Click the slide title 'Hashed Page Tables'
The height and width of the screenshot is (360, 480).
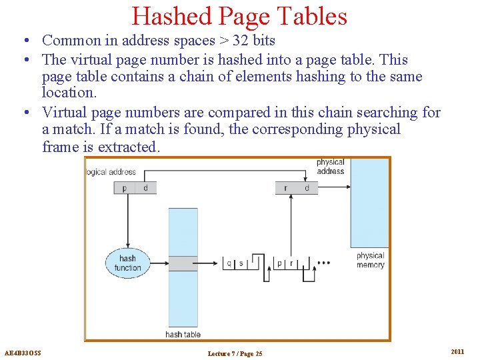pos(239,16)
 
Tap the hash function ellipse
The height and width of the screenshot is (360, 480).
pos(127,263)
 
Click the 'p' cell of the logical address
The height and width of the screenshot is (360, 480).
pos(125,188)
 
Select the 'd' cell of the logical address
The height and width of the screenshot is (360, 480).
pos(145,188)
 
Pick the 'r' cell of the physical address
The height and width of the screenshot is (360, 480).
pos(286,188)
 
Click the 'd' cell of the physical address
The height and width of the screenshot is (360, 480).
pos(307,188)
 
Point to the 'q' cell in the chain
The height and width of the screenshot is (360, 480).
pos(229,263)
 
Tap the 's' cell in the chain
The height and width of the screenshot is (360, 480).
pos(241,263)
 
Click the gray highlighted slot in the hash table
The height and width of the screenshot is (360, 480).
pos(183,263)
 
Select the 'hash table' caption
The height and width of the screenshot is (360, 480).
pos(183,334)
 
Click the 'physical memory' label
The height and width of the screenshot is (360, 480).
pos(370,260)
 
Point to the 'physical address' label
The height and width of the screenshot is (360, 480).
pos(330,166)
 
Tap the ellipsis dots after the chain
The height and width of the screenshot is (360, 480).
pos(323,263)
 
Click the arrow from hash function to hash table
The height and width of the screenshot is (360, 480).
pos(159,263)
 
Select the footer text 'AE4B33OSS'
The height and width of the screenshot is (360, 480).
pos(23,353)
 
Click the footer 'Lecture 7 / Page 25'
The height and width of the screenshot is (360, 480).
pos(235,353)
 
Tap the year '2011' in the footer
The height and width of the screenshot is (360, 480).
pos(457,351)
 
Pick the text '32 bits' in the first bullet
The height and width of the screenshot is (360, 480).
pos(254,41)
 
